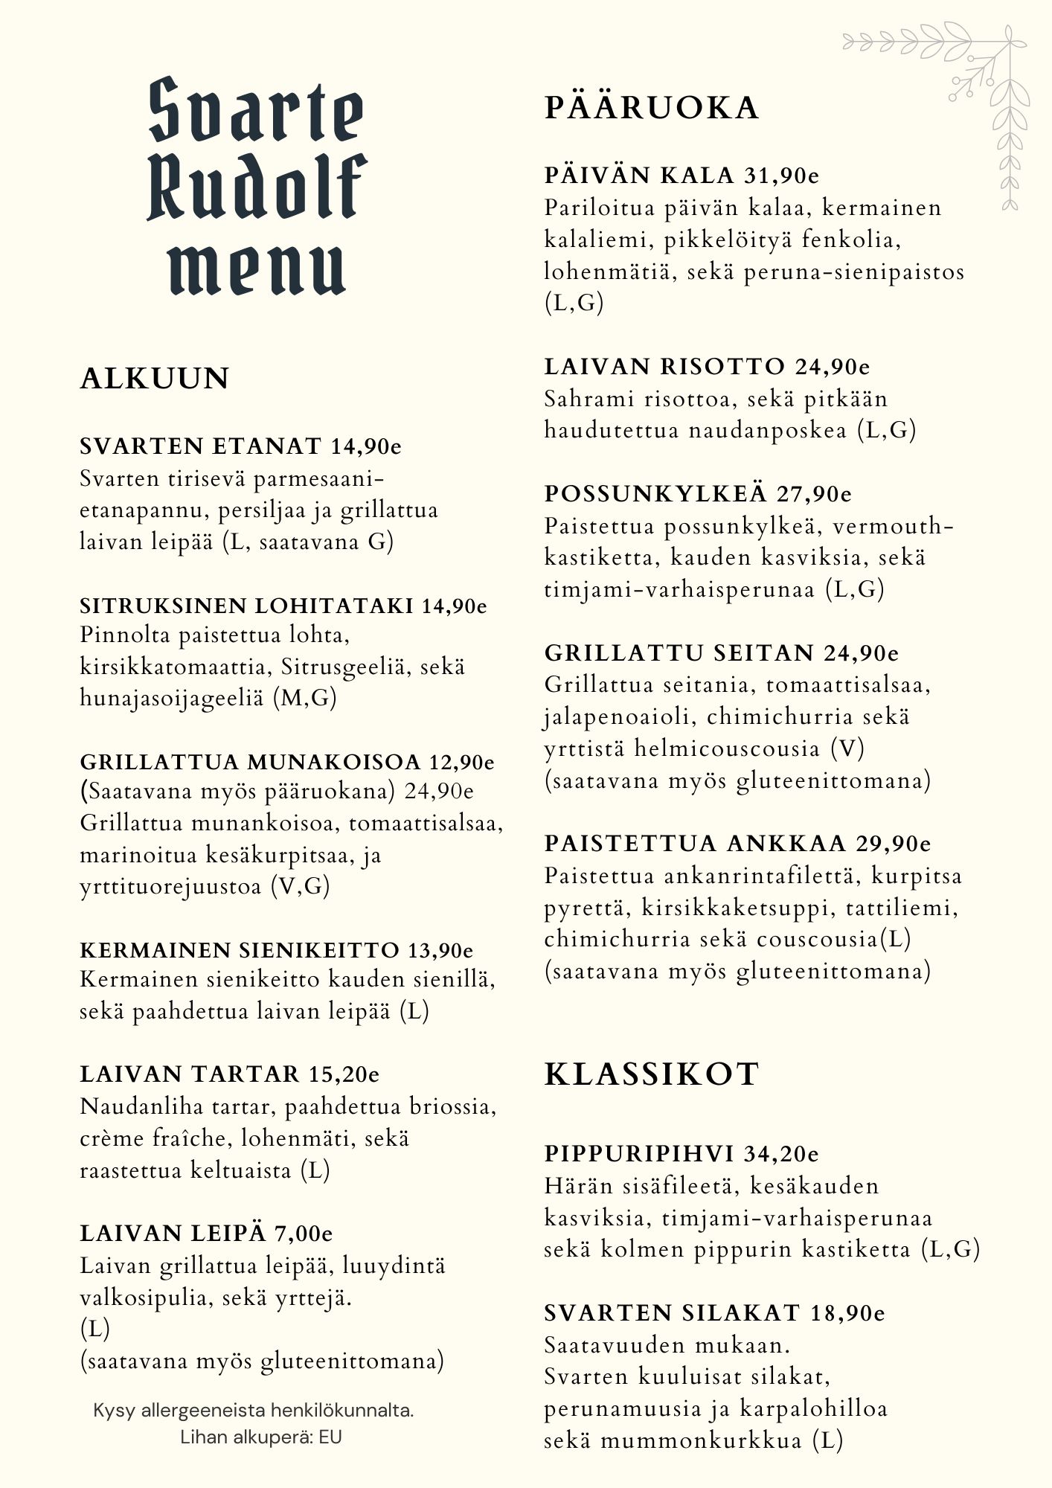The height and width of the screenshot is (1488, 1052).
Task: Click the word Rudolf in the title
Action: [x=257, y=188]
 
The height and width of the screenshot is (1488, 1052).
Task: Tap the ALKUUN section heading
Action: [x=155, y=379]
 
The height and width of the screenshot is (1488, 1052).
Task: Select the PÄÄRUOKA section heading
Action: [x=652, y=108]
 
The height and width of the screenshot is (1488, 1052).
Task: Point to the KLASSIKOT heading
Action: [x=652, y=1074]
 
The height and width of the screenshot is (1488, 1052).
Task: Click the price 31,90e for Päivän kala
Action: [x=781, y=176]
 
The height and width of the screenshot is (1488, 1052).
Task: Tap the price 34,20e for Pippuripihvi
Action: [x=781, y=1154]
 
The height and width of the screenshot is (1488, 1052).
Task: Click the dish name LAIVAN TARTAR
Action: [x=190, y=1074]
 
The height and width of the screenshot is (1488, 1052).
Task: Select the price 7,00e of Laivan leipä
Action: [x=304, y=1234]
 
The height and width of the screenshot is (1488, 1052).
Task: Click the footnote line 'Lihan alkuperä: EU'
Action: [x=261, y=1437]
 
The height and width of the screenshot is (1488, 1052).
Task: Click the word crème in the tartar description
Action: [x=112, y=1139]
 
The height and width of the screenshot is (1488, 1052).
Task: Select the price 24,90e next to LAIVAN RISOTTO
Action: [x=833, y=367]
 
